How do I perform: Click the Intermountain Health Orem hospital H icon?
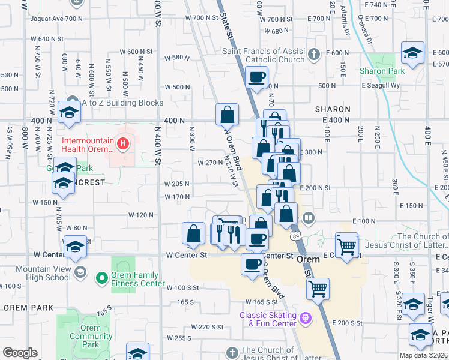coord(123,143)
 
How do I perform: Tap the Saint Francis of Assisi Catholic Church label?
coord(264,55)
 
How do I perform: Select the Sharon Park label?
coord(382,71)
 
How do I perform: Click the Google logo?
coord(20,353)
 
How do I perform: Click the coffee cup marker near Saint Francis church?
coord(257,77)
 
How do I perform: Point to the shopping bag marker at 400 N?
coord(228,114)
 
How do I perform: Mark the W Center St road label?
coord(187,255)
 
